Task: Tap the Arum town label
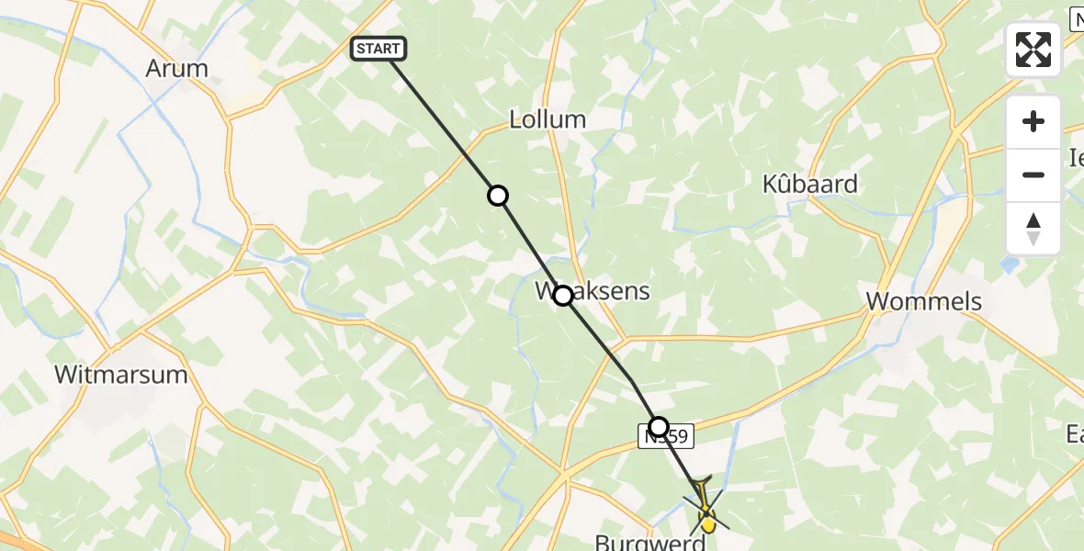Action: (x=176, y=68)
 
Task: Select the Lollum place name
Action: (x=548, y=119)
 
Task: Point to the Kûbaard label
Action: (x=809, y=184)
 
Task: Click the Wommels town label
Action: (x=924, y=301)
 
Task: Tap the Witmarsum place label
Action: (x=120, y=375)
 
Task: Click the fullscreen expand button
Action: (x=1033, y=50)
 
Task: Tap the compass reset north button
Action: (x=1033, y=229)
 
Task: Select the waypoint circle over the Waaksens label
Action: (x=563, y=295)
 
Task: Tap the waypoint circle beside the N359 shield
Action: (x=659, y=426)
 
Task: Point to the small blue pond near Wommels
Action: (x=1011, y=265)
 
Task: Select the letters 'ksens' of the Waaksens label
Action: (x=615, y=292)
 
